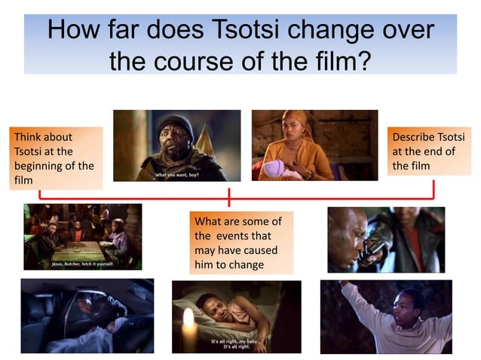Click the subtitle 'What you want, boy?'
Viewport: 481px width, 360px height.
[178, 174]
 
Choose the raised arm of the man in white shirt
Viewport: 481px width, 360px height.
[348, 297]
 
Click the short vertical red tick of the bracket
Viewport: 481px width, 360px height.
[229, 197]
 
